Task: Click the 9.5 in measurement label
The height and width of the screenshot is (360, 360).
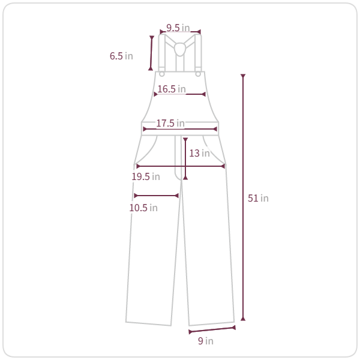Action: [x=178, y=28]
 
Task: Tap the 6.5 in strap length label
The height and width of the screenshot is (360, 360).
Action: [x=121, y=56]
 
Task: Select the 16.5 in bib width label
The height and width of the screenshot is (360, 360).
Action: [x=172, y=89]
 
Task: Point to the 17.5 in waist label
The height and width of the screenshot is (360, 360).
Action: [x=170, y=123]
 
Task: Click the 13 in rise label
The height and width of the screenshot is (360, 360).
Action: [x=199, y=153]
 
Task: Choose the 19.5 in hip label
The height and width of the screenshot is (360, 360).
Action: [x=146, y=176]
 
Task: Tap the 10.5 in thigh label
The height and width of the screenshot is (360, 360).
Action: [x=143, y=208]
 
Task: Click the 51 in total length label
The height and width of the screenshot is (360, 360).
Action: [x=258, y=198]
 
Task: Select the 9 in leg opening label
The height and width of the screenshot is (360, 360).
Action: [x=206, y=341]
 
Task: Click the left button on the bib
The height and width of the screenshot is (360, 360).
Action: [x=162, y=74]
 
